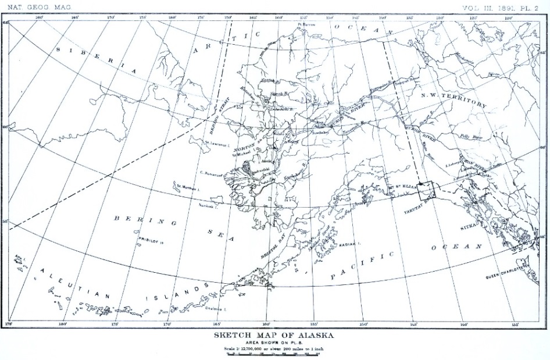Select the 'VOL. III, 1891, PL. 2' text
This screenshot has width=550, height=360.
[501, 7]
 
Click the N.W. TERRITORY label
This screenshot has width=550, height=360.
[453, 99]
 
